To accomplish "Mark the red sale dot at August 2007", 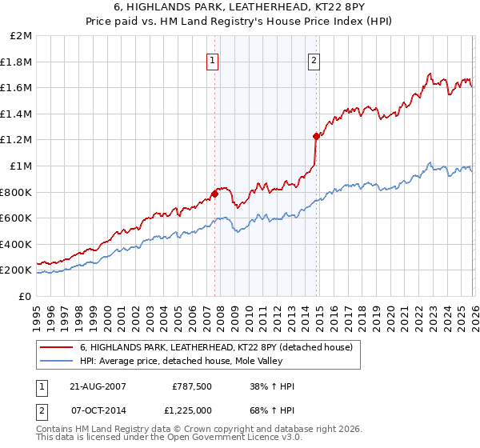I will (214, 194).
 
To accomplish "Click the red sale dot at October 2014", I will (316, 136).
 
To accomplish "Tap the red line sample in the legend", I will (58, 347).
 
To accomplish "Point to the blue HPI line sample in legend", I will (58, 361).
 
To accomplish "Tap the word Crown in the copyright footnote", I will (194, 430).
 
